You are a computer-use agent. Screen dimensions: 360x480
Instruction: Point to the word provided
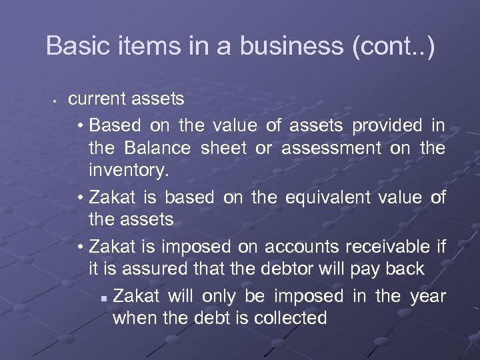pyautogui.click(x=387, y=125)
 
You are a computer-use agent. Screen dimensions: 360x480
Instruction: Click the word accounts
pyautogui.click(x=301, y=247)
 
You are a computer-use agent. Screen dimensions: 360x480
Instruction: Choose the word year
pyautogui.click(x=428, y=295)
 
